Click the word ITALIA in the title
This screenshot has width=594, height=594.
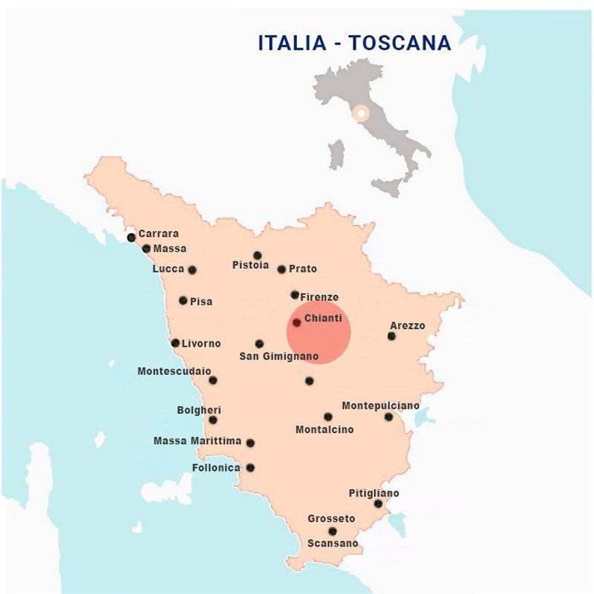pos(290,43)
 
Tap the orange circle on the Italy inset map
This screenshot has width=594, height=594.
pos(361,114)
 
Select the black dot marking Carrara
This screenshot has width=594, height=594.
pos(131,238)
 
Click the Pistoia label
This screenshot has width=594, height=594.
pos(250,265)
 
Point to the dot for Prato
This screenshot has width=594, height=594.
pos(281,270)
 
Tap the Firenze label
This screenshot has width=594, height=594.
pos(319,297)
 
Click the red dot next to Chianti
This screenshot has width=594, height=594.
pos(296,323)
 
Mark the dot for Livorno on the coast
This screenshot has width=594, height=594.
pos(175,343)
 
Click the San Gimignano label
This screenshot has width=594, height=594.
pos(278,357)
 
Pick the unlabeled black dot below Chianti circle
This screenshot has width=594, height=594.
pos(309,381)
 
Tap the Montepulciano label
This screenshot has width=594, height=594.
pos(380,406)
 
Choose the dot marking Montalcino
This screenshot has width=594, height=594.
pos(327,417)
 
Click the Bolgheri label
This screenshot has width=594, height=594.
pos(199,410)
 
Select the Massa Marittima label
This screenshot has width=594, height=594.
pos(198,441)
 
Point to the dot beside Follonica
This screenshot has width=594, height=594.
pos(250,468)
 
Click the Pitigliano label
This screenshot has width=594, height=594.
pos(373,493)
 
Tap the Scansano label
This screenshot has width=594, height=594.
pos(333,544)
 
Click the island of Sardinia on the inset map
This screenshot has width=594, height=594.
pos(337,154)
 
